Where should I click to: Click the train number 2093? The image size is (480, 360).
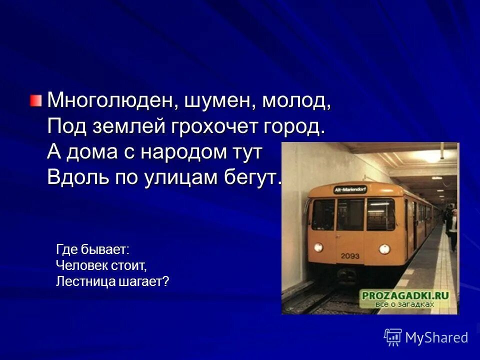(x=350, y=255)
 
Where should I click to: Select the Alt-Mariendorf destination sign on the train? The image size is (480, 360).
(x=350, y=189)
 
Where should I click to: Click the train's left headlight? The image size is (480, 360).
(x=318, y=247)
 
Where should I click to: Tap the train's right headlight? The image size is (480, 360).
(x=384, y=248)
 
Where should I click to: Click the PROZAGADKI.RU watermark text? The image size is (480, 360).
(x=405, y=295)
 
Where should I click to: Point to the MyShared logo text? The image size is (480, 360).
(x=436, y=337)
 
